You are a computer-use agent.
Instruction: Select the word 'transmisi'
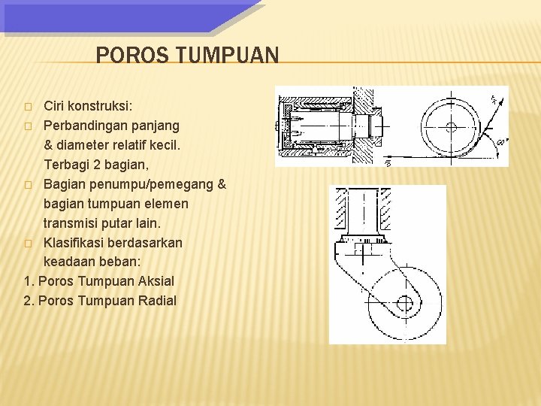tap(71, 223)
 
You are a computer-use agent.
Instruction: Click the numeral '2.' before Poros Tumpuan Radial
tap(29, 301)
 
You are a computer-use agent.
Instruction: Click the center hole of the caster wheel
tap(404, 303)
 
